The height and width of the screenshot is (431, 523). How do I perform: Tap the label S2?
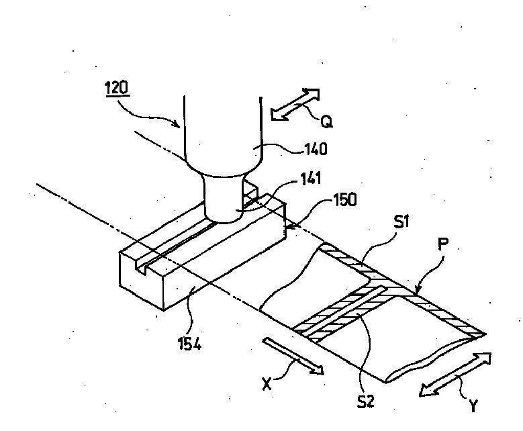[x=367, y=401]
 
